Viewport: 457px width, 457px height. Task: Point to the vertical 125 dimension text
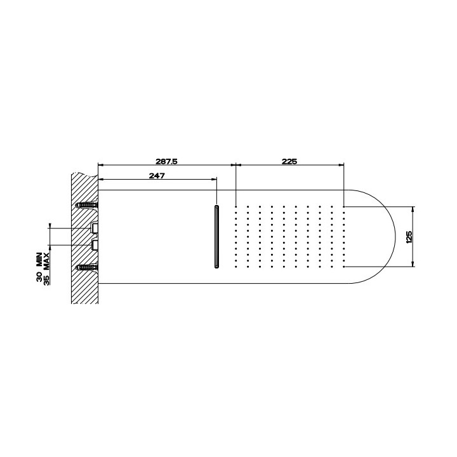coord(409,237)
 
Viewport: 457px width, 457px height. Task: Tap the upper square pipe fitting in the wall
coord(95,228)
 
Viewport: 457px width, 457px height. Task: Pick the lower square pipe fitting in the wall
coord(95,244)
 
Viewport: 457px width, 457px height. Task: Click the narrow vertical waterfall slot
coord(217,236)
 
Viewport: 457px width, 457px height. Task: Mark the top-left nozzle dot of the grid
coord(236,206)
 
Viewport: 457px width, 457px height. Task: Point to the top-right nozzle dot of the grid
coord(344,206)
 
